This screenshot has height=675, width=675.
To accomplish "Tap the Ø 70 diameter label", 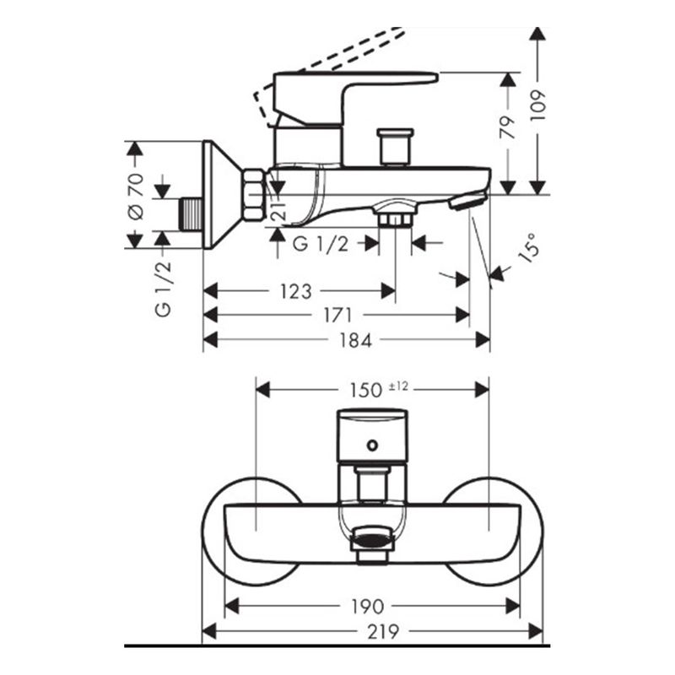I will pos(136,196).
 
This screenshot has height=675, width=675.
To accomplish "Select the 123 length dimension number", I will pos(295,292).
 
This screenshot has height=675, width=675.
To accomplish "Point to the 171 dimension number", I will pos(337,316).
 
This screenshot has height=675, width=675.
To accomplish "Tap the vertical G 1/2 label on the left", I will pos(163,289).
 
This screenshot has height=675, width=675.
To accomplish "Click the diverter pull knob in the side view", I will pos(396,145).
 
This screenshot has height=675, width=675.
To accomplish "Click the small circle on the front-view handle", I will pos(371,443).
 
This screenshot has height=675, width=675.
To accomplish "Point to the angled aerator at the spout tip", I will pos(467,200).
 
